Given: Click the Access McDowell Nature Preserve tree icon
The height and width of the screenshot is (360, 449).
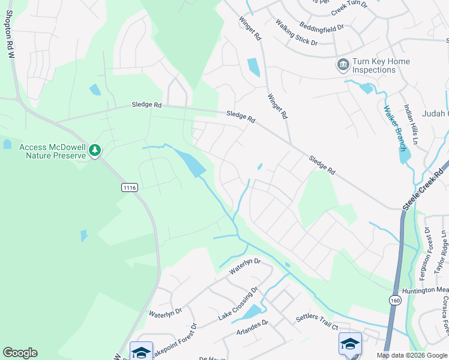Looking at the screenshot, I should tap(95, 151).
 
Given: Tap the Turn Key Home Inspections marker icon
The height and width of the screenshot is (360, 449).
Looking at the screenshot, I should tap(343, 65).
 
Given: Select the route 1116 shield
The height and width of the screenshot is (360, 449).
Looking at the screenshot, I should tap(130, 188).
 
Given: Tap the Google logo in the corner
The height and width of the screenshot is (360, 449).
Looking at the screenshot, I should tap(20, 353).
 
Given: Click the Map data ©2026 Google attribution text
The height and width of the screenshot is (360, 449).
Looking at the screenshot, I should tap(412, 355).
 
